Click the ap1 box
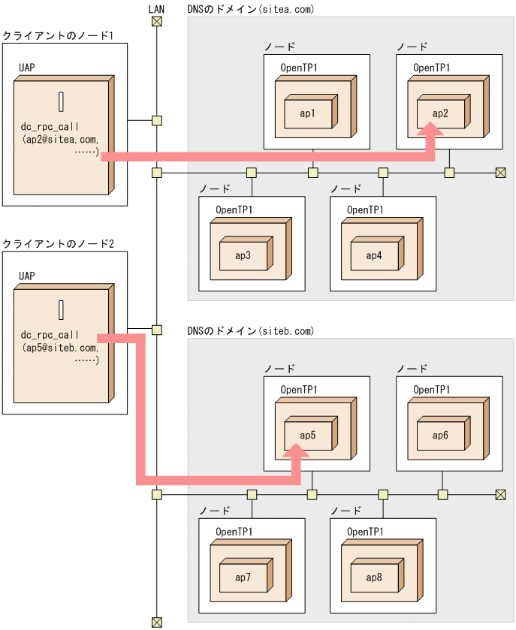[x=308, y=113]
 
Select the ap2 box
[x=441, y=113]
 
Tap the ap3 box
[x=243, y=256]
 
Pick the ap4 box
[x=374, y=256]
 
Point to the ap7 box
[x=243, y=577]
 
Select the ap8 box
[x=374, y=577]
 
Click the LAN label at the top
[x=156, y=8]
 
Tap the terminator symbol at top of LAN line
[x=156, y=21]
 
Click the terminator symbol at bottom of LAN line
[x=156, y=621]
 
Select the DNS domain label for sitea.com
[x=250, y=10]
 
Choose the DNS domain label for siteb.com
[x=250, y=331]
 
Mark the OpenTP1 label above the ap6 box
[x=432, y=390]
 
